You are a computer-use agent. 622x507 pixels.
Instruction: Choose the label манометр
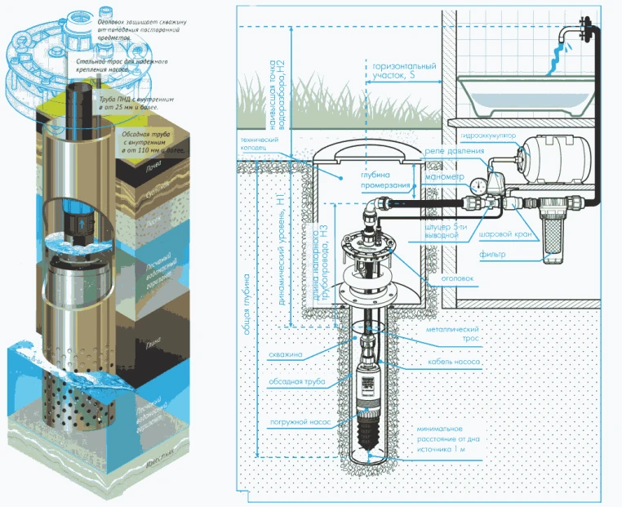(444, 176)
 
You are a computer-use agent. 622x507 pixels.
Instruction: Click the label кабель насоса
(447, 361)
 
